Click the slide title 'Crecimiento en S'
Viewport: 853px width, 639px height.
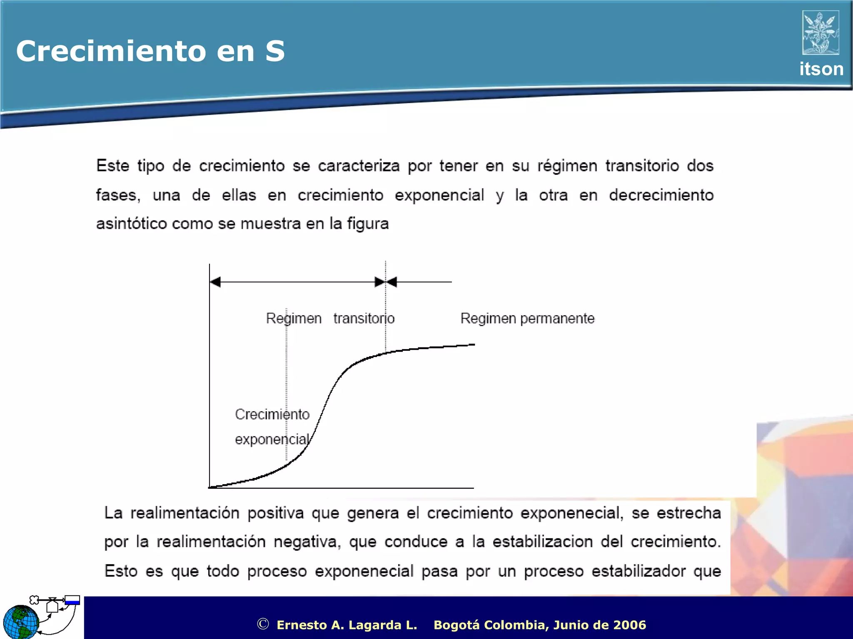tap(150, 51)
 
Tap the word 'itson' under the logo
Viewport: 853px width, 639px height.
tap(821, 69)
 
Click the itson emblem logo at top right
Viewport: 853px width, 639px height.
tap(821, 33)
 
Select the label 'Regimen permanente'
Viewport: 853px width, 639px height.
tap(527, 319)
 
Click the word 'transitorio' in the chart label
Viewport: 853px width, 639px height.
tap(364, 319)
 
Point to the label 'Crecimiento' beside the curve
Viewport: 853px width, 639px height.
tap(272, 414)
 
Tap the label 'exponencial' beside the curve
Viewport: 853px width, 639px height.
tap(272, 439)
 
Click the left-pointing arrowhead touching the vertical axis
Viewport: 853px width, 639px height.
tap(215, 282)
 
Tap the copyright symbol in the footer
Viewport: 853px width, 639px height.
tap(263, 624)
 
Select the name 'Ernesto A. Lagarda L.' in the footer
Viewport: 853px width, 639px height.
tap(347, 625)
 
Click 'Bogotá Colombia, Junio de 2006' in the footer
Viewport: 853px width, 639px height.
tap(540, 625)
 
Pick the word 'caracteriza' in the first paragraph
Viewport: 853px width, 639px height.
tap(359, 166)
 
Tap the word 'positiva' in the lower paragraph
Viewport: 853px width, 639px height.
tap(275, 513)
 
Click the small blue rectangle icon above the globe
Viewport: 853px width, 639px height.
tap(72, 600)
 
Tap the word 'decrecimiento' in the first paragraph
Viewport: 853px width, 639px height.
tap(661, 195)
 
